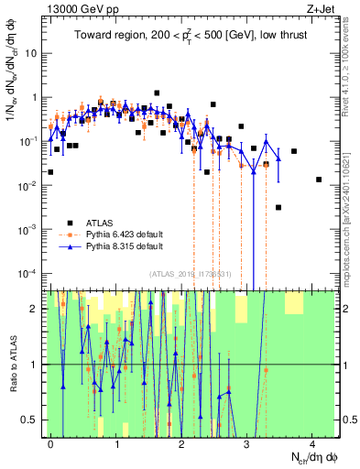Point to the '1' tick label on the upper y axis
pos(35,97)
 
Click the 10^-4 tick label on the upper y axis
pos(29,274)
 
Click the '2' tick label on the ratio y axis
pos(36,309)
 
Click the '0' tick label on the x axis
pos(51,443)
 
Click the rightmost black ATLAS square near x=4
pos(318,180)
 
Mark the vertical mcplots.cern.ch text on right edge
pos(351,183)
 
